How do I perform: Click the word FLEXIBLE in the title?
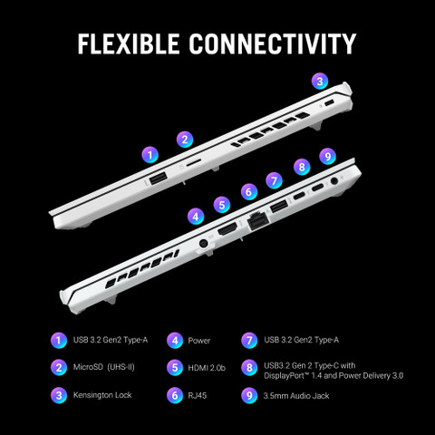click(x=129, y=43)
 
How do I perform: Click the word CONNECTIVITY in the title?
click(x=273, y=43)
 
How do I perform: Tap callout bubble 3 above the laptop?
click(x=320, y=81)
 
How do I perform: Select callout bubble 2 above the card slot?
click(x=185, y=140)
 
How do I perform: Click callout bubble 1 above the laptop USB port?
click(x=150, y=155)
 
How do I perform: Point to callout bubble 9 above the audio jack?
click(x=328, y=156)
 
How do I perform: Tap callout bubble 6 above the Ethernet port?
click(x=249, y=191)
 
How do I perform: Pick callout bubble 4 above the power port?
click(x=196, y=217)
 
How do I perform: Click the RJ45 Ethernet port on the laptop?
click(x=257, y=222)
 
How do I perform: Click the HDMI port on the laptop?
click(x=227, y=229)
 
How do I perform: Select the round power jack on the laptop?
click(x=203, y=244)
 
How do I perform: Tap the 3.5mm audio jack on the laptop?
click(x=334, y=181)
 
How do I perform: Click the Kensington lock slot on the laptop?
click(x=329, y=103)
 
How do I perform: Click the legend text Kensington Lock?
click(x=102, y=395)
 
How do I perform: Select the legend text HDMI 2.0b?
click(x=207, y=368)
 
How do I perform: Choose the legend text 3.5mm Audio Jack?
click(x=296, y=396)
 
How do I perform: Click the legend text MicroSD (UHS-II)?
click(x=103, y=367)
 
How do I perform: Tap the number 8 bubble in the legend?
click(x=249, y=368)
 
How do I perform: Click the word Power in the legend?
click(x=198, y=341)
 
